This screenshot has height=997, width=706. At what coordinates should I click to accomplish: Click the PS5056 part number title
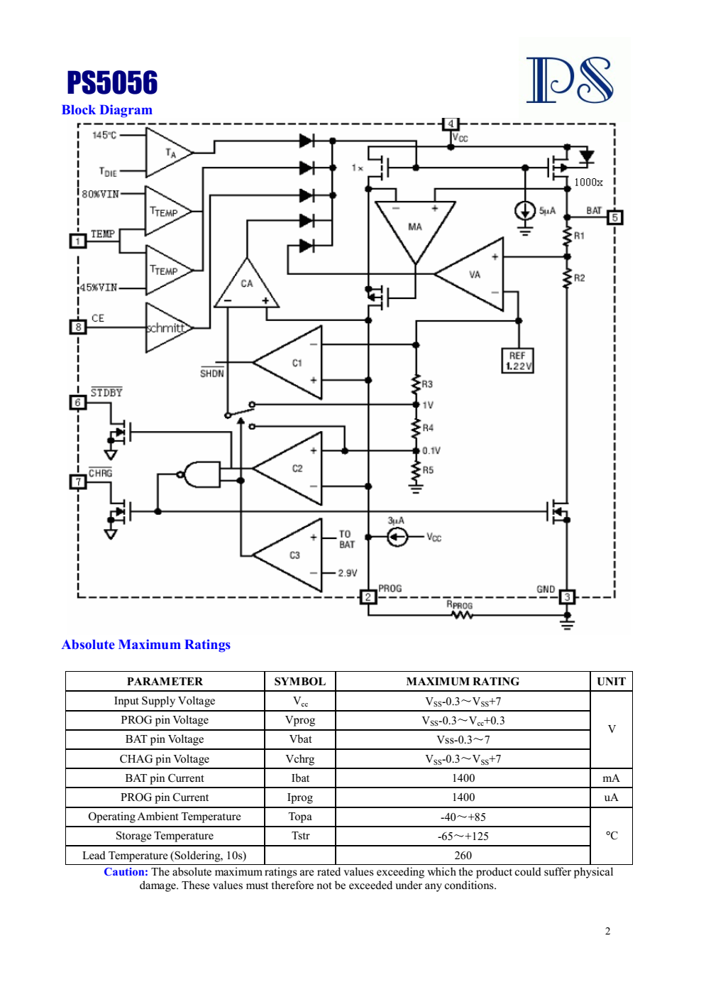pyautogui.click(x=112, y=82)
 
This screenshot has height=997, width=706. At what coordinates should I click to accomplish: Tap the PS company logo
pyautogui.click(x=570, y=80)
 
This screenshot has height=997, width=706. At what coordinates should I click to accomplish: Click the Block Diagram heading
pyautogui.click(x=106, y=110)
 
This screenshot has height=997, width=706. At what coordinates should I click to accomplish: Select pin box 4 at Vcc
pyautogui.click(x=451, y=124)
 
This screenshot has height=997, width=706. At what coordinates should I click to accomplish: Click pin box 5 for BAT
pyautogui.click(x=614, y=217)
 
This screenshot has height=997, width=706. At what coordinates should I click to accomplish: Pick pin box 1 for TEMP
pyautogui.click(x=78, y=241)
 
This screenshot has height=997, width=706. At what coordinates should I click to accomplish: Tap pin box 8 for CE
pyautogui.click(x=78, y=327)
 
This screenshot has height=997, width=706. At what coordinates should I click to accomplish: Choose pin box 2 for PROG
pyautogui.click(x=368, y=597)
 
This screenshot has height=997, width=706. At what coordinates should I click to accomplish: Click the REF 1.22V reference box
pyautogui.click(x=517, y=361)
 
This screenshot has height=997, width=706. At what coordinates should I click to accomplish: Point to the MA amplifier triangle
pyautogui.click(x=415, y=227)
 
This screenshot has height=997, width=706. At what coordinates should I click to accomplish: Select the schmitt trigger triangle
pyautogui.click(x=169, y=328)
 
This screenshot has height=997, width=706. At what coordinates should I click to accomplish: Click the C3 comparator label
pyautogui.click(x=295, y=555)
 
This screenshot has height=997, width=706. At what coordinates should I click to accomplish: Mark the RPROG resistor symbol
pyautogui.click(x=462, y=616)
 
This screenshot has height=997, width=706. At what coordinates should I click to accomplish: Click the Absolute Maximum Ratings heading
pyautogui.click(x=146, y=645)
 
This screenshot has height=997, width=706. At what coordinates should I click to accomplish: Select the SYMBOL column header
pyautogui.click(x=300, y=682)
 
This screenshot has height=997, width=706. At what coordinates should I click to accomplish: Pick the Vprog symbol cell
pyautogui.click(x=300, y=720)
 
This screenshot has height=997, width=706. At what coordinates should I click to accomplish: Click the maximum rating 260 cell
pyautogui.click(x=463, y=855)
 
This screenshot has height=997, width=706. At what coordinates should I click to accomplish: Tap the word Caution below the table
pyautogui.click(x=126, y=872)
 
